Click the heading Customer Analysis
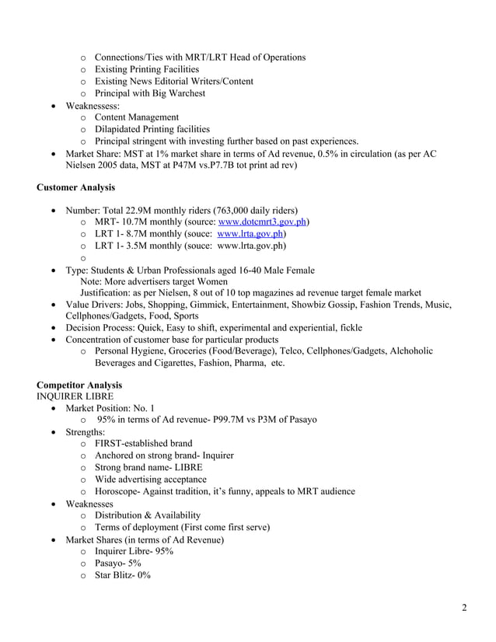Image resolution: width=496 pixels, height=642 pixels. click(x=75, y=187)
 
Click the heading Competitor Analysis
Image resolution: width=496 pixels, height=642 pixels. click(x=79, y=386)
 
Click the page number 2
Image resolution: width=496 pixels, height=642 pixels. click(x=464, y=607)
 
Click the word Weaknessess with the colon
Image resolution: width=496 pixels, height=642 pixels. click(x=93, y=105)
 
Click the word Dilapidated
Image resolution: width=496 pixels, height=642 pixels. click(x=121, y=129)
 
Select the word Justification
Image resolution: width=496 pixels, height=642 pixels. click(x=110, y=293)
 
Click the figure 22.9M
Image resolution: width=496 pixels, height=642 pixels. click(x=152, y=210)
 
